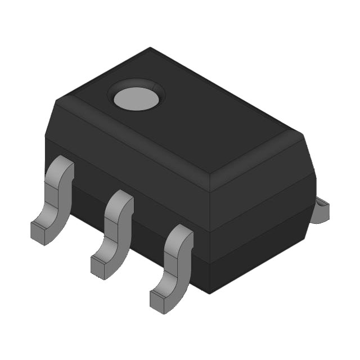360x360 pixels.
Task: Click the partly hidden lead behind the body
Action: point(321,210)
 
